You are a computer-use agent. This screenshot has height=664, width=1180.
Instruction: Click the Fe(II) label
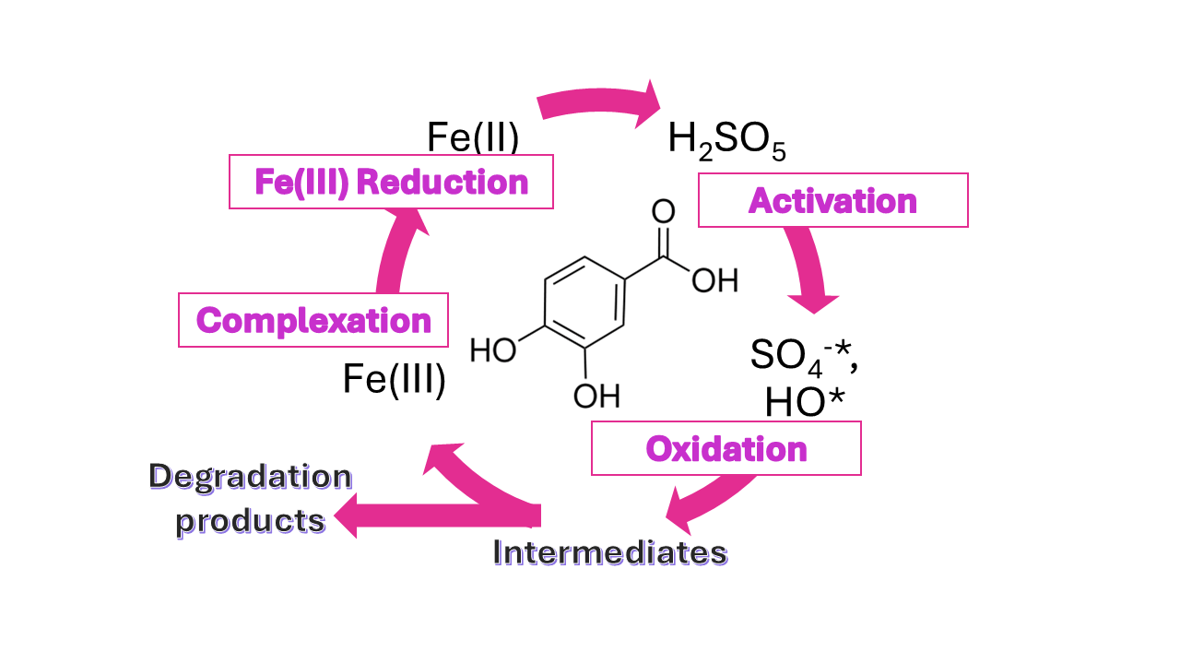473,137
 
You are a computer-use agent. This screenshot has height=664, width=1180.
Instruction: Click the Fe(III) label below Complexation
395,379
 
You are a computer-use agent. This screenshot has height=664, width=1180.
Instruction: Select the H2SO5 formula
726,141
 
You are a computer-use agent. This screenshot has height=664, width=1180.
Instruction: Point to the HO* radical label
805,402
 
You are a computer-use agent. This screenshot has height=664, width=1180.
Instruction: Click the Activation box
832,200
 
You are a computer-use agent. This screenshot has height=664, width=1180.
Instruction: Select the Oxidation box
726,448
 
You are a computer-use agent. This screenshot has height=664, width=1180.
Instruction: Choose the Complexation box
313,320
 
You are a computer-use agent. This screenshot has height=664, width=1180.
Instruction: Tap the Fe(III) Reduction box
391,182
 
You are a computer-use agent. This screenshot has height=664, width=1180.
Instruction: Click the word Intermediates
610,552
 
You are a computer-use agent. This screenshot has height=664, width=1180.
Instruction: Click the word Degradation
251,477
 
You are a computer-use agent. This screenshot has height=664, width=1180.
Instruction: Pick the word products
251,520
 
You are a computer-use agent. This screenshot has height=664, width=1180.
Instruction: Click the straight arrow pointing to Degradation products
433,515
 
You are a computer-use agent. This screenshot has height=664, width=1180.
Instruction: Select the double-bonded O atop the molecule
662,210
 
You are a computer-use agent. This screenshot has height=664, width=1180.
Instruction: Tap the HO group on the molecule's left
493,351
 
